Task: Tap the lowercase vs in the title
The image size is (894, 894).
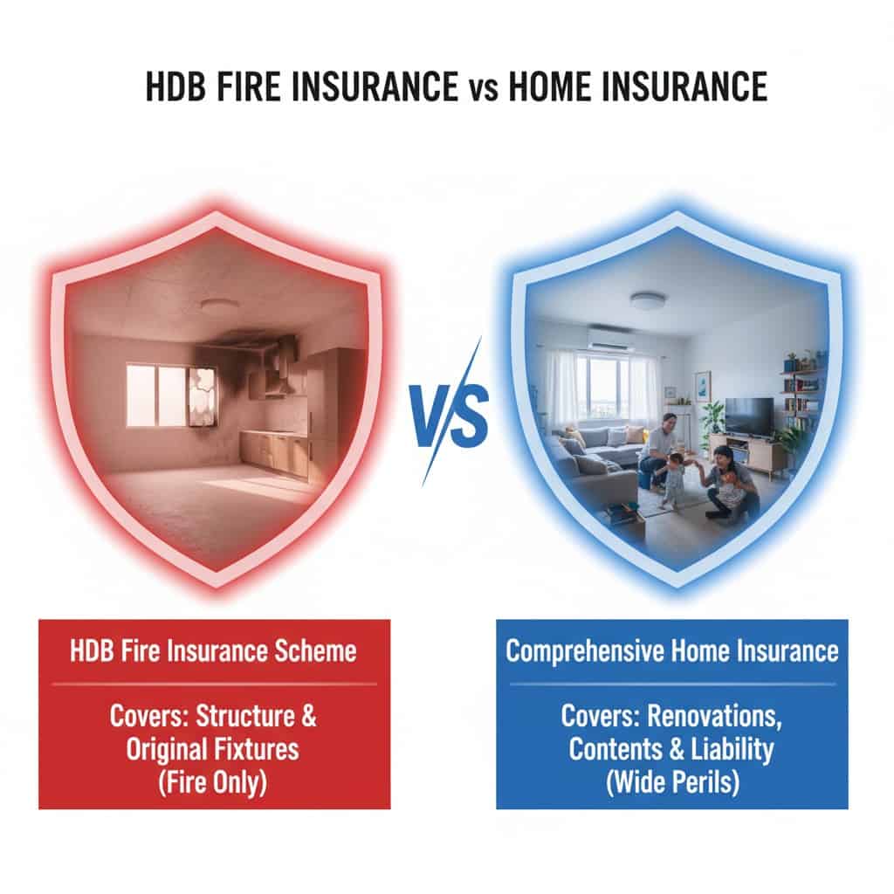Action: click(484, 91)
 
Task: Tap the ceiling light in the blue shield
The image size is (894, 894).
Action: click(649, 300)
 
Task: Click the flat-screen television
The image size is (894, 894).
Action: click(749, 416)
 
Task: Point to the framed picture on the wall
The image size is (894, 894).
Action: click(703, 381)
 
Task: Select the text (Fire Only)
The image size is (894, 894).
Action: click(213, 782)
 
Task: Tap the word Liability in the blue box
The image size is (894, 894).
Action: click(732, 749)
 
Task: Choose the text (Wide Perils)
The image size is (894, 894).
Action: click(673, 782)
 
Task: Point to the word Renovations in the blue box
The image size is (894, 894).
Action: click(714, 716)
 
